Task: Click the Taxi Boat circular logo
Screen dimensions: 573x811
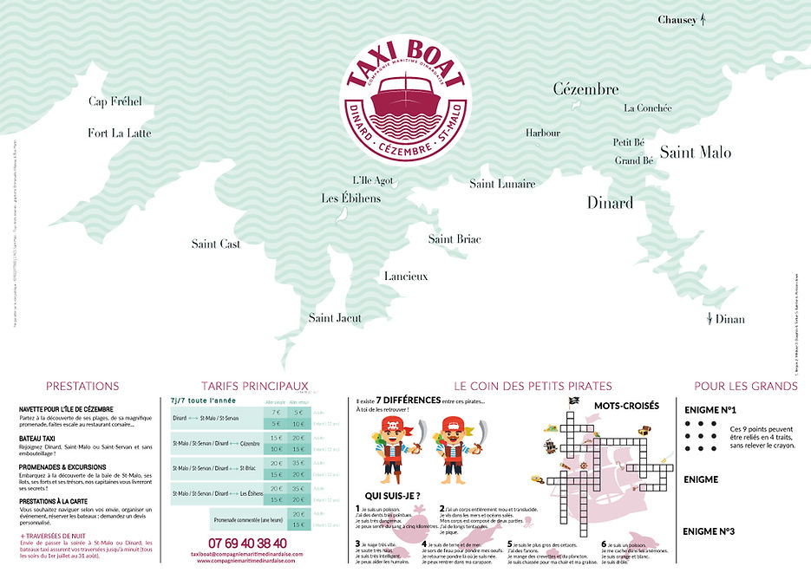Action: (406, 97)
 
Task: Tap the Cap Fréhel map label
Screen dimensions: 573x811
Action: (114, 101)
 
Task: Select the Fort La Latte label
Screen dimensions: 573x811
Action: (119, 133)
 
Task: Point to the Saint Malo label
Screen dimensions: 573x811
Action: (695, 153)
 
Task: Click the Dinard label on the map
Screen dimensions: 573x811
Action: (610, 203)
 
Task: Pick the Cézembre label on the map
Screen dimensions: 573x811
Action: (585, 88)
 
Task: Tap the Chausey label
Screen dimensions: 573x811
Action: (677, 19)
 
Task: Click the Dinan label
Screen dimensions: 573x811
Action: (729, 319)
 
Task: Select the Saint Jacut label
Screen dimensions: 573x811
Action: (335, 318)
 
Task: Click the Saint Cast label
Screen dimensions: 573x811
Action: (216, 244)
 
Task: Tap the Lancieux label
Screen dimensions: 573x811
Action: (406, 276)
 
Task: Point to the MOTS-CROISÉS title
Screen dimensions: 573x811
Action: (626, 405)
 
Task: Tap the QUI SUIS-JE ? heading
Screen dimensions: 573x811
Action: (387, 496)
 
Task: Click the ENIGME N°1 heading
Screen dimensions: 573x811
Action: (710, 410)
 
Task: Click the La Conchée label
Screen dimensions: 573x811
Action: (648, 108)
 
